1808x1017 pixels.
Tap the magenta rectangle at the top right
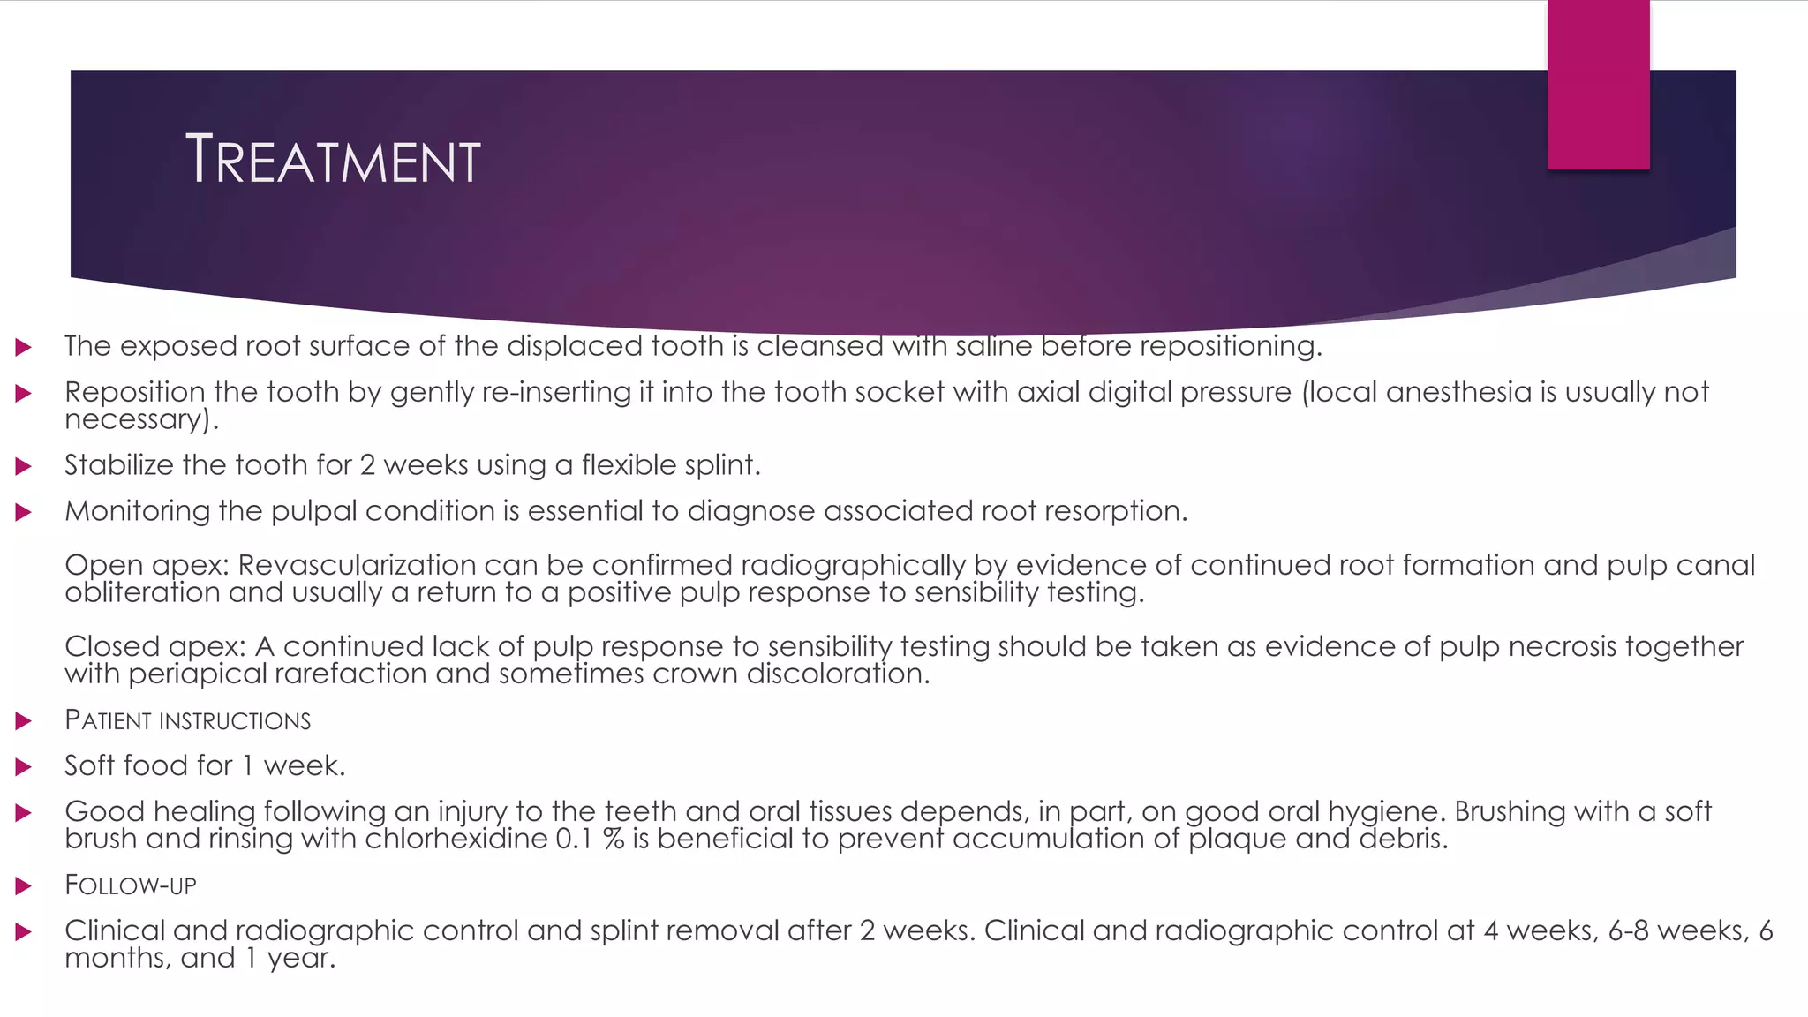(x=1598, y=85)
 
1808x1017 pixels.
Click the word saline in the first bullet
(x=993, y=346)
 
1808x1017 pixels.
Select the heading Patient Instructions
(x=187, y=720)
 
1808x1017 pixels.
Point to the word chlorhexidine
(x=456, y=839)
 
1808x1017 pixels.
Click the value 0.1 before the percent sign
(x=574, y=839)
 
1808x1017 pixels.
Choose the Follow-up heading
(x=130, y=885)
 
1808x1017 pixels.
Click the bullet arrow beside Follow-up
(x=24, y=885)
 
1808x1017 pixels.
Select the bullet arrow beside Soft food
(x=24, y=766)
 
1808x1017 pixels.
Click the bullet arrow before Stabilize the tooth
(x=24, y=466)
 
